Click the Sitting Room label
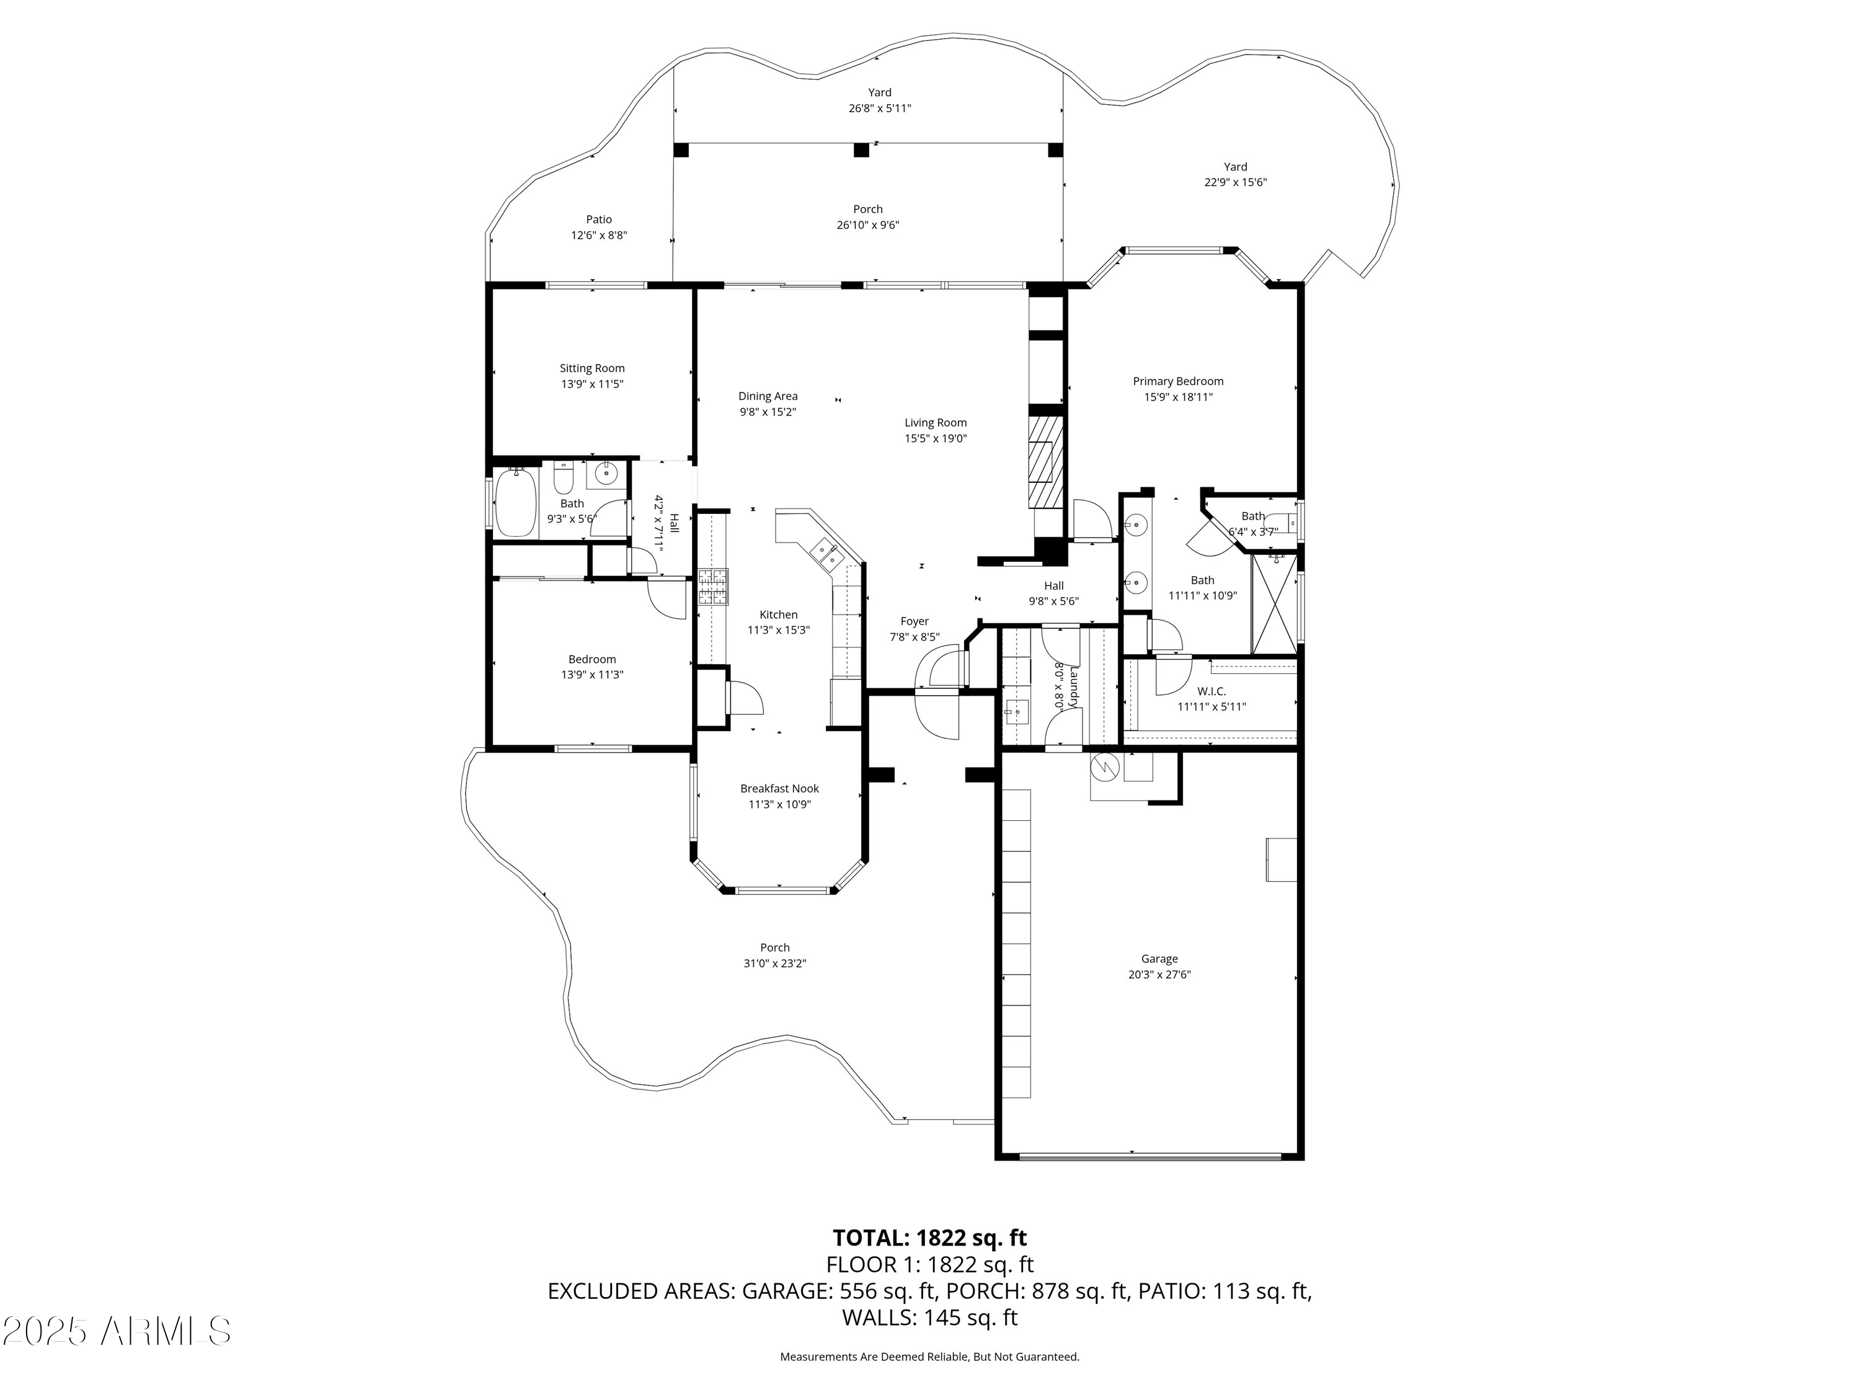point(592,368)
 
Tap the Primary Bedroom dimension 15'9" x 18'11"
point(1178,397)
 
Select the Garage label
point(1159,959)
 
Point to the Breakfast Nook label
point(779,789)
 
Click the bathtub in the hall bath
point(516,503)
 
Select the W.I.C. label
point(1211,691)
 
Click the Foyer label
point(915,621)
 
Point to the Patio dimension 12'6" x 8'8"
point(600,236)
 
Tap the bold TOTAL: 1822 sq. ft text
point(930,1238)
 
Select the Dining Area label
point(768,396)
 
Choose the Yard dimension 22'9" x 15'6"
point(1235,182)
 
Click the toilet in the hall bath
point(564,477)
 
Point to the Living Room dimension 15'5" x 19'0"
point(936,438)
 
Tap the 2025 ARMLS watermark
point(117,1331)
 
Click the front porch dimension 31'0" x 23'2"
point(775,963)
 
